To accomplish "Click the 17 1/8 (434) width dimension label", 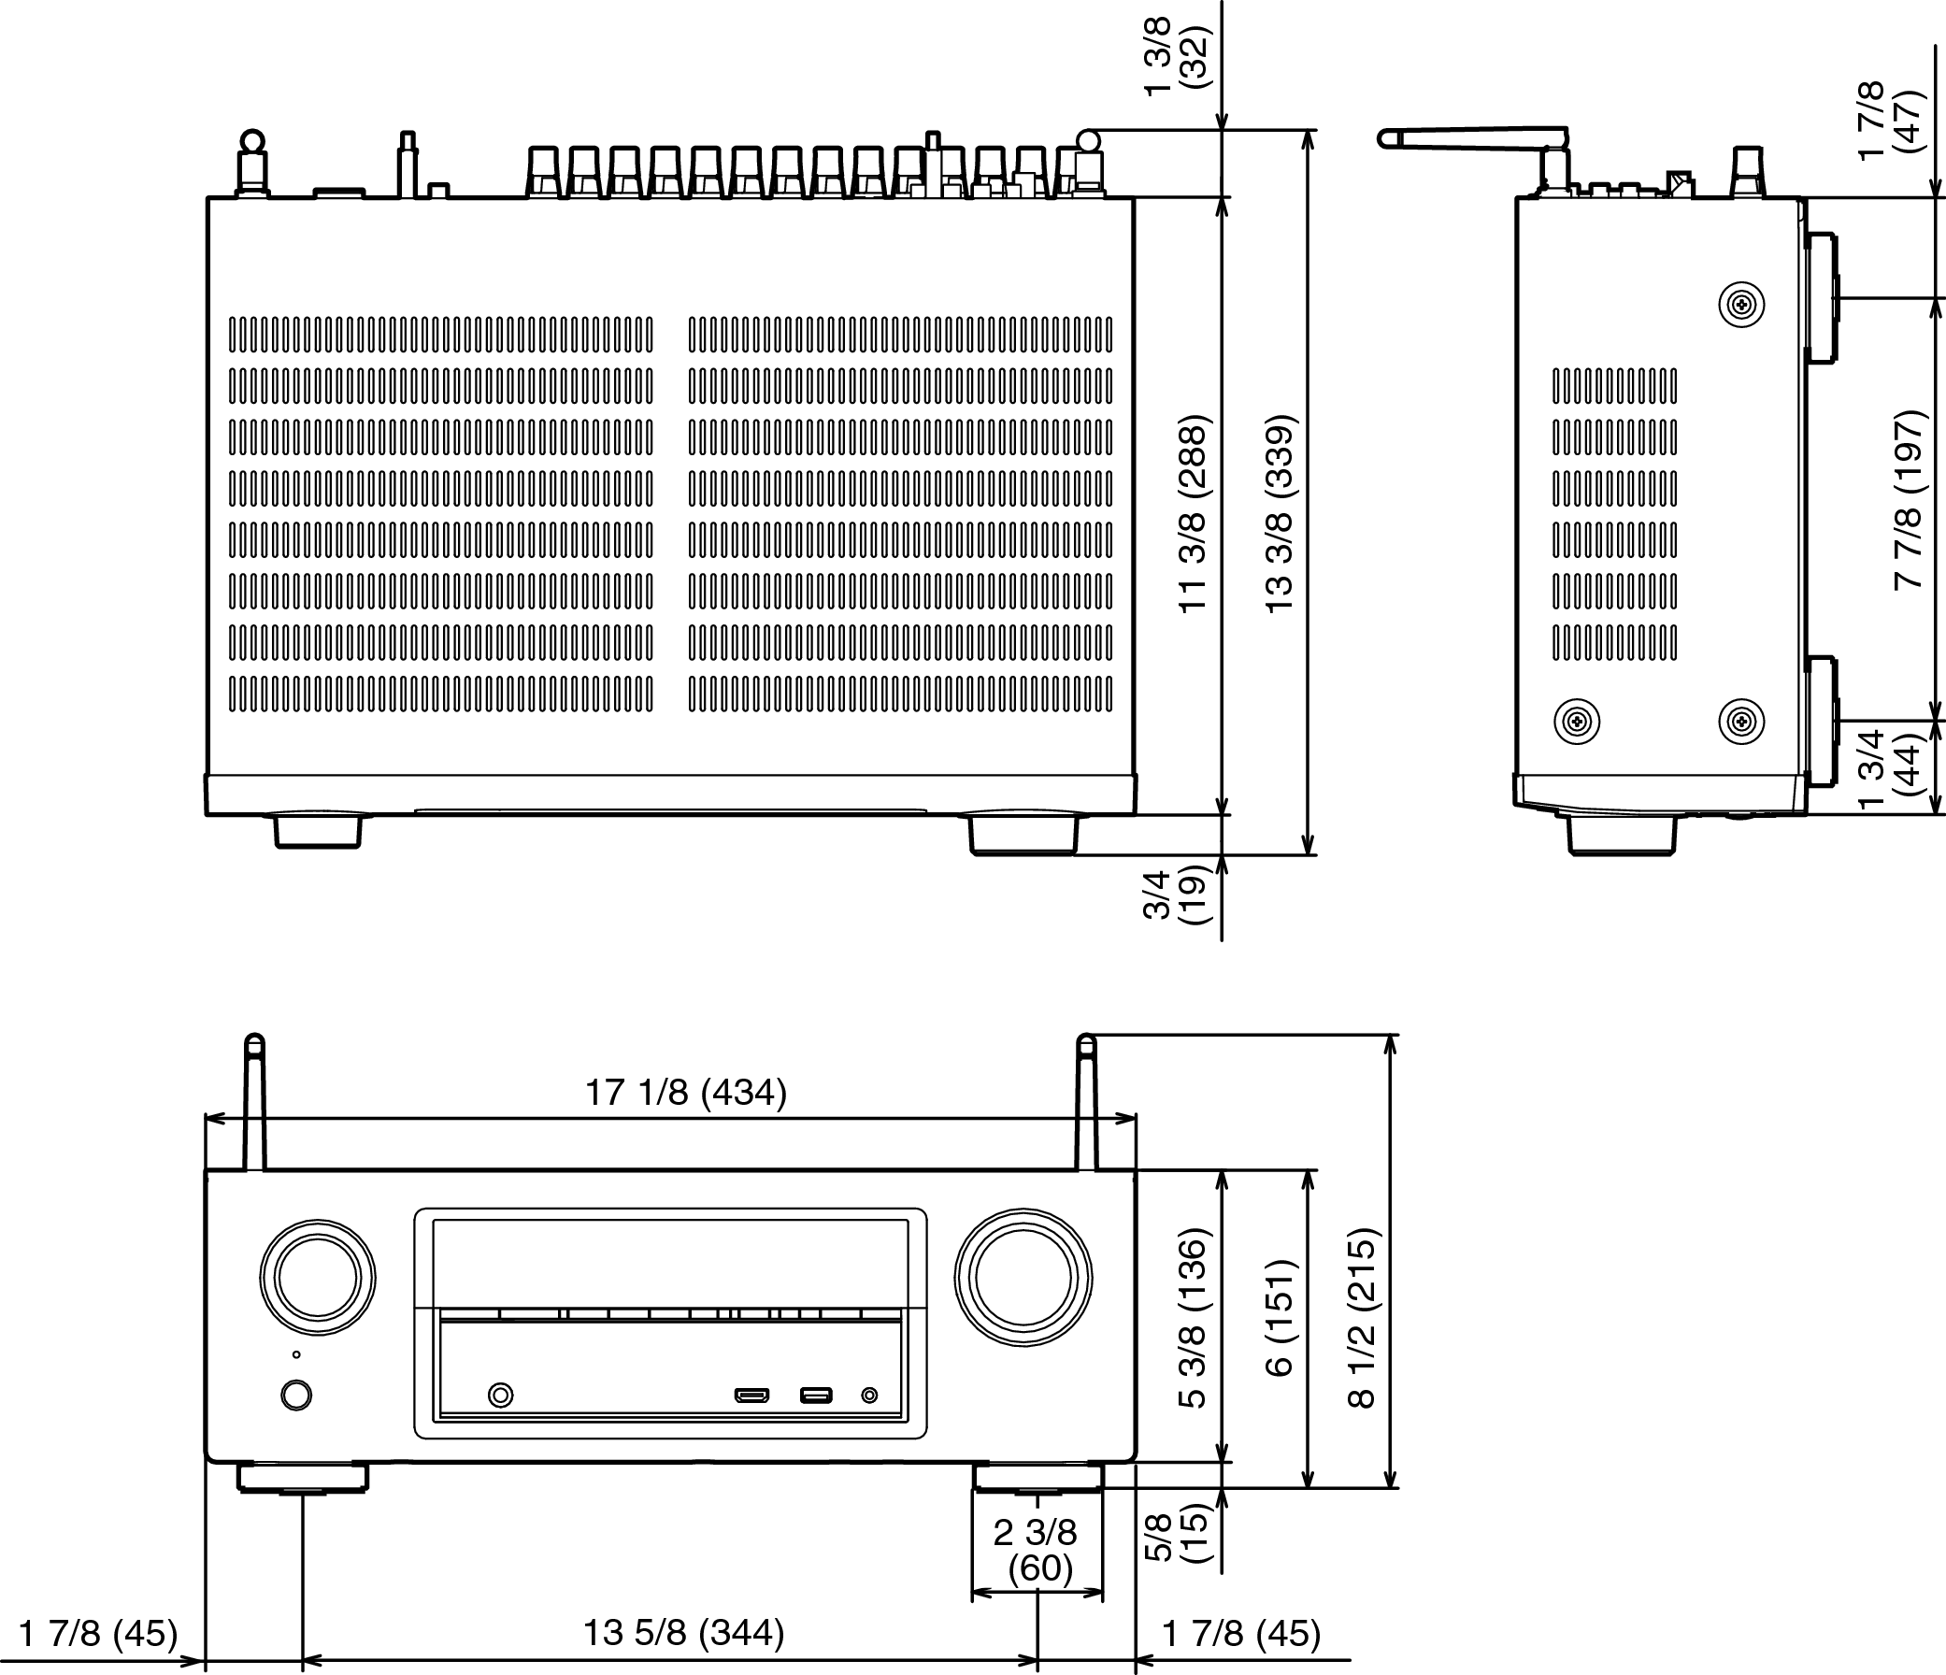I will click(x=686, y=1093).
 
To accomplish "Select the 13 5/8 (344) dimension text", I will click(x=684, y=1633).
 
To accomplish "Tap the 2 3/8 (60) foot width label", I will click(x=1037, y=1550).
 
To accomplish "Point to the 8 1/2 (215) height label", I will click(x=1361, y=1318).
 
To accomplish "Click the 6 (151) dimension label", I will click(x=1280, y=1318).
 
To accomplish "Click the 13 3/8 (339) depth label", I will click(x=1281, y=514).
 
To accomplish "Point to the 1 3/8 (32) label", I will click(x=1174, y=55).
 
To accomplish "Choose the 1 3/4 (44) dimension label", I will click(x=1888, y=770).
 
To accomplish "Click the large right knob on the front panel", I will click(x=1023, y=1278).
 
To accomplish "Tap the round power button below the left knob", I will click(x=297, y=1394).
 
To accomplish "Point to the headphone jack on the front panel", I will click(x=502, y=1395).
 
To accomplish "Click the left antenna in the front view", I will click(x=254, y=1103).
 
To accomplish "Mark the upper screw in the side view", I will click(x=1741, y=305).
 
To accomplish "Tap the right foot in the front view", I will click(x=1037, y=1478).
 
